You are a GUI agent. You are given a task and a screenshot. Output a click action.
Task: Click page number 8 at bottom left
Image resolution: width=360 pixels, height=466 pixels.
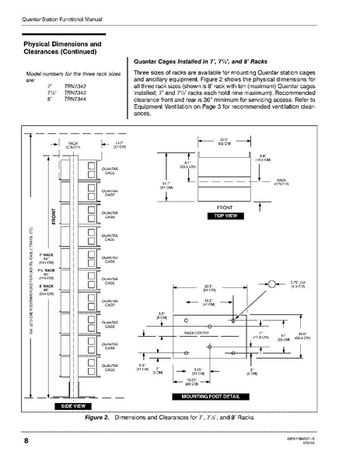coord(16,442)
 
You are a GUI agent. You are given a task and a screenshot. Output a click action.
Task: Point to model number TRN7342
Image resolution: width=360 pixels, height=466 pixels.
coord(75,86)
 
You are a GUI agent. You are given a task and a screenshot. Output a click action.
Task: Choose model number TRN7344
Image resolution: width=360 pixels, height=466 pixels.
coord(75,100)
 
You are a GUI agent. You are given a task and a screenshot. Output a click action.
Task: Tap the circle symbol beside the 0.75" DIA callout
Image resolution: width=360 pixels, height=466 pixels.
coord(272,286)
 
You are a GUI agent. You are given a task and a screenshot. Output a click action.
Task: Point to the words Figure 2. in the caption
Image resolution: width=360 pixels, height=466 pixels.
coord(97,418)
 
